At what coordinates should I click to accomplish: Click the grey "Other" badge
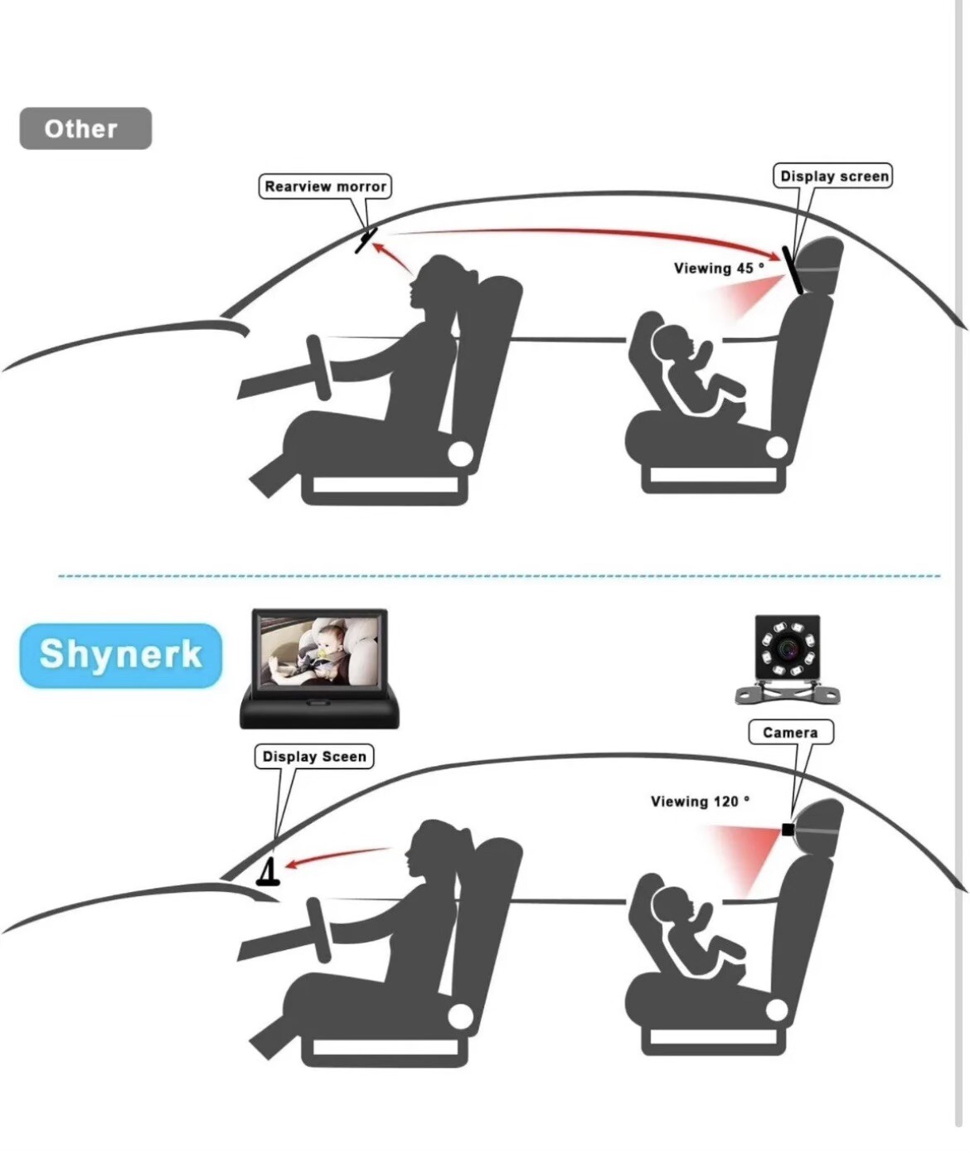tap(85, 128)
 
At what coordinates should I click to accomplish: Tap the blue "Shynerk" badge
tap(121, 655)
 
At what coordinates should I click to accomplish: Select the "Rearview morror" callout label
tap(325, 187)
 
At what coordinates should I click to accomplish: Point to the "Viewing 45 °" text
tap(719, 269)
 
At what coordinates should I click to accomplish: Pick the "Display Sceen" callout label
tap(313, 756)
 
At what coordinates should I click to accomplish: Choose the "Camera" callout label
tap(790, 732)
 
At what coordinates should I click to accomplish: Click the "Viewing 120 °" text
tap(700, 802)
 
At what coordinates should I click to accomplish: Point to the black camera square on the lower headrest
tap(788, 829)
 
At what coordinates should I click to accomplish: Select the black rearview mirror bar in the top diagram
tap(366, 240)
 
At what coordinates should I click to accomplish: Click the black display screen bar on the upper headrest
tap(793, 270)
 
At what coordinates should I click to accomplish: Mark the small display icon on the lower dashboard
tap(269, 872)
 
